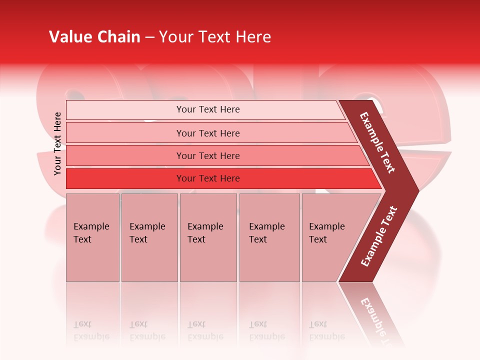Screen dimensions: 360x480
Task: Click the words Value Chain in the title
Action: pos(94,37)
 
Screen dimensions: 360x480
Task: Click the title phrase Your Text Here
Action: pos(215,37)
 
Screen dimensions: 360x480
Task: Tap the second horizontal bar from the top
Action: pos(208,133)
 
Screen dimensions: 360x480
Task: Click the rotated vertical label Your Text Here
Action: pos(57,143)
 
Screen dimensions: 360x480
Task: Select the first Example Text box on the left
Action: pos(92,237)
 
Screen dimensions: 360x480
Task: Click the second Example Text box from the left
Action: pos(149,237)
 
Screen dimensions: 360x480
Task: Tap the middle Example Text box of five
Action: pos(208,237)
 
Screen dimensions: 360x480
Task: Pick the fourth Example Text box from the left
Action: pos(269,237)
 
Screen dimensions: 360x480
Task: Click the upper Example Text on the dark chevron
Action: pos(377,142)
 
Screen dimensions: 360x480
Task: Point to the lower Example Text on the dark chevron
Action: pos(378,236)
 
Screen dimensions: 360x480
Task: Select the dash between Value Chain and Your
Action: pos(149,37)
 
